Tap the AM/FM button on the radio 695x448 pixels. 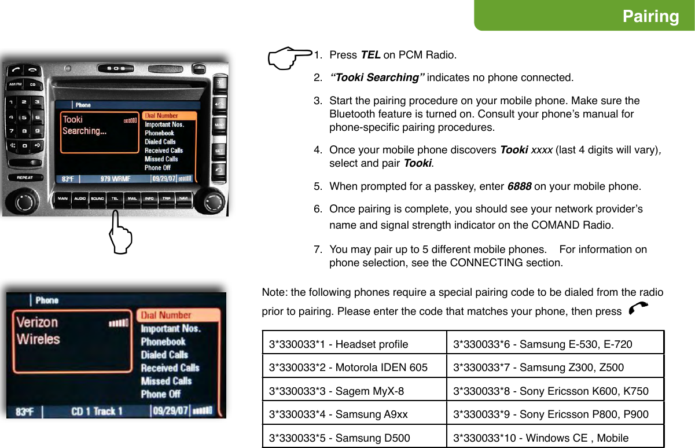(x=15, y=85)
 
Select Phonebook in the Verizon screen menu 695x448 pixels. (x=163, y=341)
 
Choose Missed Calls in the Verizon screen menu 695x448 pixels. (x=166, y=381)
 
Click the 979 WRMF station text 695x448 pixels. (x=115, y=179)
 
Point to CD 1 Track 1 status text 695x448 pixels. (x=97, y=412)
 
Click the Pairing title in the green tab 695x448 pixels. (x=650, y=16)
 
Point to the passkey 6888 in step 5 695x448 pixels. (x=519, y=187)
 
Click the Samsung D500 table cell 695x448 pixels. (x=354, y=437)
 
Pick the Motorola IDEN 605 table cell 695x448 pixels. (x=354, y=368)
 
